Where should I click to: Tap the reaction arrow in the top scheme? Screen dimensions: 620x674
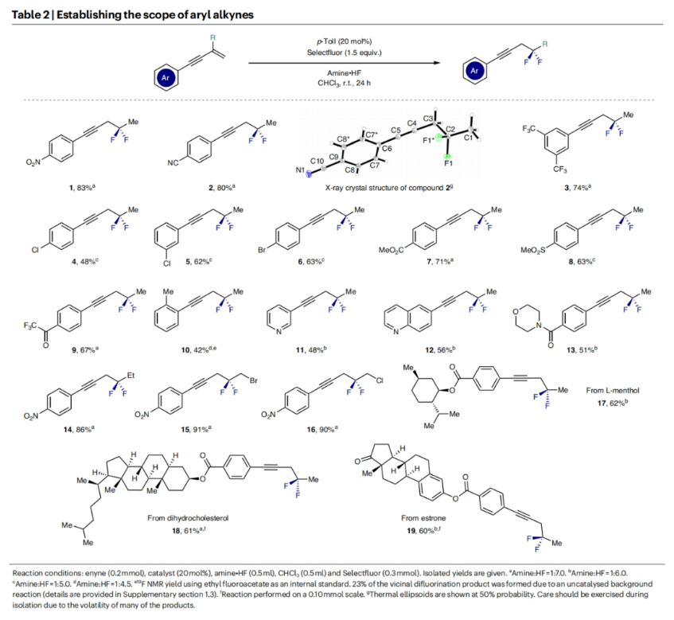pyautogui.click(x=345, y=65)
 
